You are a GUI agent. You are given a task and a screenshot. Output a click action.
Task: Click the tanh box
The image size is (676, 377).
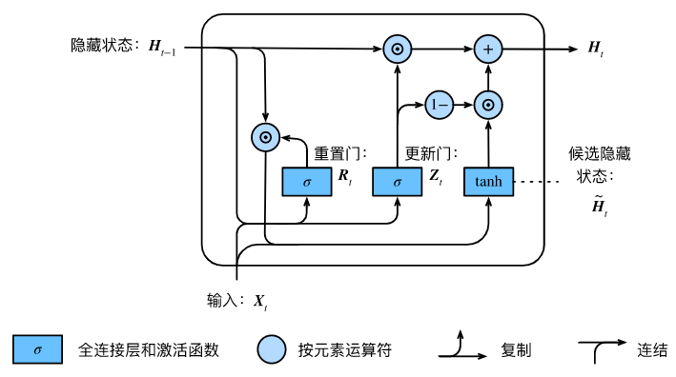(488, 181)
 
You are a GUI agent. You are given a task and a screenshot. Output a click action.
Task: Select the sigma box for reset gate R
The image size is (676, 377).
(306, 181)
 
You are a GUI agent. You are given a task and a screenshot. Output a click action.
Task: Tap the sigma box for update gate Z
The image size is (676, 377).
(397, 181)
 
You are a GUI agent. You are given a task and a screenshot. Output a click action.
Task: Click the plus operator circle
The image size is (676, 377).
(488, 47)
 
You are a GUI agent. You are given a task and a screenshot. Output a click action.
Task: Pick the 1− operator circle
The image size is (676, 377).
(440, 106)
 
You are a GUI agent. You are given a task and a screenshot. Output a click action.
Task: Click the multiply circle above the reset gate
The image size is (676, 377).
(265, 137)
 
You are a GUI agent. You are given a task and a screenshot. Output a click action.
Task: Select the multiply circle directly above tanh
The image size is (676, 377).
(488, 106)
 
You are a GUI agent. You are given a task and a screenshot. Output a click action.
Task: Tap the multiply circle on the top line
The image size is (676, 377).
(397, 47)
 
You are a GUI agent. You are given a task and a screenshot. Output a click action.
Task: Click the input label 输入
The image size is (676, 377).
(225, 300)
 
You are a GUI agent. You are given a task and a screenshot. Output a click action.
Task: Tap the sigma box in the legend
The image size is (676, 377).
(37, 350)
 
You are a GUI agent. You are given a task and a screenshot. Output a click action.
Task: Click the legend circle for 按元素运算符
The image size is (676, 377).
(272, 350)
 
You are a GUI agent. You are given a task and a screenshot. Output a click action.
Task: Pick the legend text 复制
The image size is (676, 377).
(515, 350)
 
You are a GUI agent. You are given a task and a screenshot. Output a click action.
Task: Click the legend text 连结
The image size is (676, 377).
(652, 350)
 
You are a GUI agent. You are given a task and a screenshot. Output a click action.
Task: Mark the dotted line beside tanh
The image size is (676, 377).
(535, 181)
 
